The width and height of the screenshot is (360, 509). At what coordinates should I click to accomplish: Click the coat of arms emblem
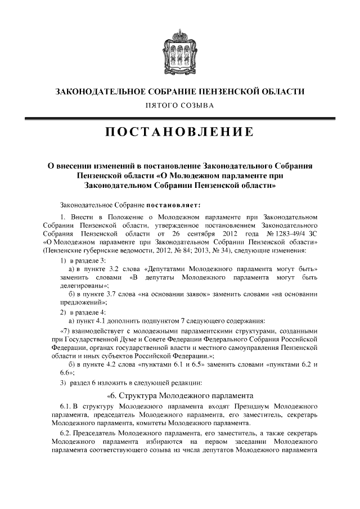click(x=179, y=50)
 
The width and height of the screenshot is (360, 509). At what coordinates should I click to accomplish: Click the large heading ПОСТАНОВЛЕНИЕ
click(x=179, y=133)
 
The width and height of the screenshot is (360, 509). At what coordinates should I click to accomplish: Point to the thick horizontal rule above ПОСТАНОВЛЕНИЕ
click(x=179, y=117)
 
